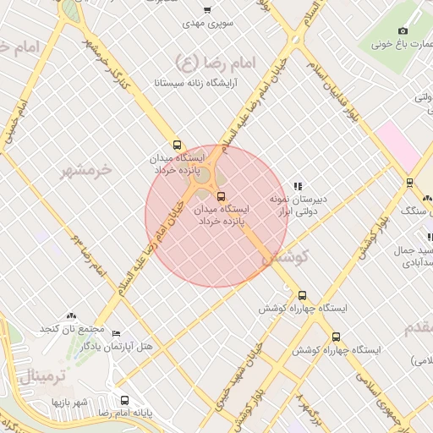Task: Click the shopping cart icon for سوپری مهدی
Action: (x=207, y=11)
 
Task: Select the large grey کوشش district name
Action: (x=287, y=257)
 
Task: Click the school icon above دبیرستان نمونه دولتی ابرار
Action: (x=297, y=186)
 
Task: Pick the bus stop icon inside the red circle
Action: (x=222, y=196)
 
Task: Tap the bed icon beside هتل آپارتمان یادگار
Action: (x=116, y=334)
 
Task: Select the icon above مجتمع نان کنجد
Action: (x=71, y=315)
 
